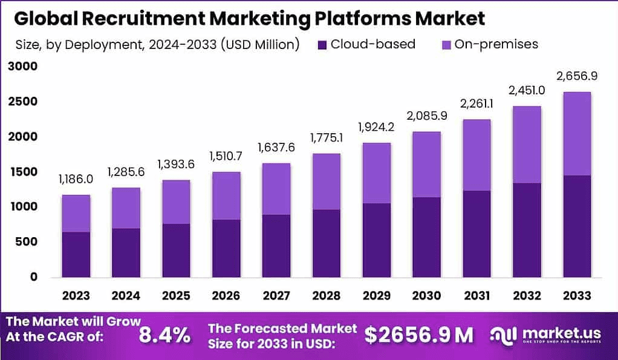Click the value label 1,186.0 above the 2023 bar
[76, 179]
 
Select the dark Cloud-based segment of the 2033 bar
[576, 226]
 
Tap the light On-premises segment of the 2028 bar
[326, 182]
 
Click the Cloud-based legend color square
[321, 44]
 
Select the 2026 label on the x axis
[226, 296]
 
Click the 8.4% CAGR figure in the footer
[165, 334]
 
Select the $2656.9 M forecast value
[419, 334]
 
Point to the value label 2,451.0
[527, 91]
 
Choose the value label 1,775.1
[326, 138]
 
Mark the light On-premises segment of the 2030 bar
[426, 164]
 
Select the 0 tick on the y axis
[34, 277]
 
